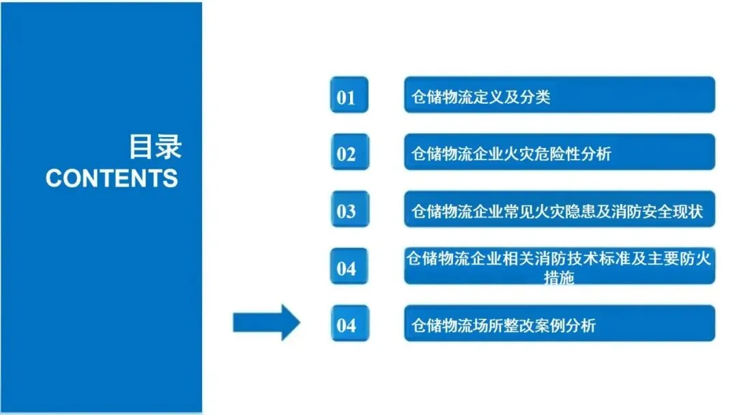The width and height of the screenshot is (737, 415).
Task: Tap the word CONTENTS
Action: click(112, 178)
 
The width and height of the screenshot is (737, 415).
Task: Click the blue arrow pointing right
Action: click(266, 322)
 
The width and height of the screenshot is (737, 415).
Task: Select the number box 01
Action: click(347, 96)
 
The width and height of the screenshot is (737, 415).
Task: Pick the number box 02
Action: click(347, 154)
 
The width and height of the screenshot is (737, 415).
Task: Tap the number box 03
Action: click(347, 211)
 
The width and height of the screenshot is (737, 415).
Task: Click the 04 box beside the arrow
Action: click(347, 325)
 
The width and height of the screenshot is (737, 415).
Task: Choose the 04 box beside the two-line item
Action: click(347, 268)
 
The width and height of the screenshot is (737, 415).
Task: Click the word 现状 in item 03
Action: click(687, 212)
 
